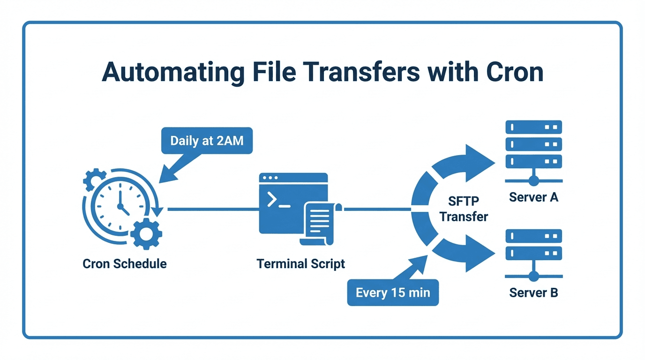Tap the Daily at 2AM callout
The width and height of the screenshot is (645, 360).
coord(207,141)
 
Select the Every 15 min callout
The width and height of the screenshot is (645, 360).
coord(393,293)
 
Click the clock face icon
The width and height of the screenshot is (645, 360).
coord(120,206)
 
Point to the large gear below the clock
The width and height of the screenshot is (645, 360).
coord(146,233)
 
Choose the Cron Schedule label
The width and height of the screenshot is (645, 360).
coord(125,263)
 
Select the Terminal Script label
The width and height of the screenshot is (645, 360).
coord(300,263)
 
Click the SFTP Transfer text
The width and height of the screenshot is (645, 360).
coord(464,209)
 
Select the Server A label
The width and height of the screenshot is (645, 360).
coord(533,197)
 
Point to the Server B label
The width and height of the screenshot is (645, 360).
coord(533,293)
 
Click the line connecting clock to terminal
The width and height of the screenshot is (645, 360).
coord(211,209)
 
